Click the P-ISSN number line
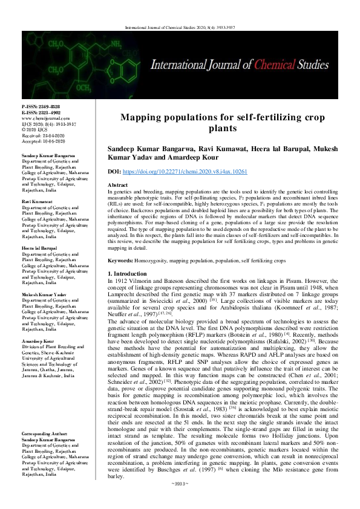point(42,106)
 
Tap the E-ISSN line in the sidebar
point(42,112)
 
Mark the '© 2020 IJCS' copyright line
point(35,129)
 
